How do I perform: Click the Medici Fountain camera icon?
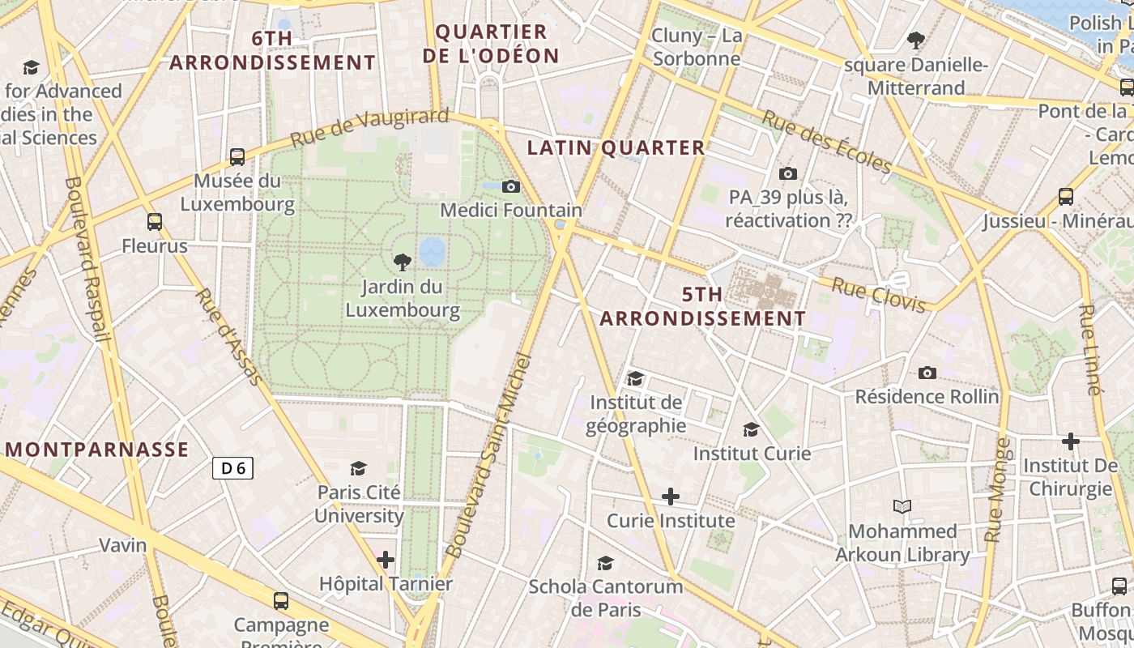tap(510, 187)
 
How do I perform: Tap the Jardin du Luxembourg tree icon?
tap(402, 262)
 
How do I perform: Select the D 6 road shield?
tap(233, 467)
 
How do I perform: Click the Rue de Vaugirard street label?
tap(369, 127)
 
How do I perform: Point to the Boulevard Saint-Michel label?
tap(488, 455)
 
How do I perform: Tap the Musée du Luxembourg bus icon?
tap(237, 156)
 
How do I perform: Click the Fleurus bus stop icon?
tap(154, 221)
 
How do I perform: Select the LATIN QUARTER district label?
tap(616, 147)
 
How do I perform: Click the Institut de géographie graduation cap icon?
tap(635, 378)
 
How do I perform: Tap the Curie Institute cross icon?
tap(670, 496)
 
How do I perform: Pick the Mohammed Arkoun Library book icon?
tap(902, 507)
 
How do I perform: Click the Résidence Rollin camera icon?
tap(927, 373)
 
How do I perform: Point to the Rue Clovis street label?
tap(879, 295)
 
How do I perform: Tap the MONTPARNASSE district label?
tap(97, 450)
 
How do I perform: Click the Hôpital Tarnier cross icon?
tap(386, 560)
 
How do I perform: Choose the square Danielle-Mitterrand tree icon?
tap(916, 40)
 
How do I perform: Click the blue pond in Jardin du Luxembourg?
tap(432, 251)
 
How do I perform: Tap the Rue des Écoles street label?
tap(827, 143)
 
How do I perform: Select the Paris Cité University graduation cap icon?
tap(358, 468)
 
